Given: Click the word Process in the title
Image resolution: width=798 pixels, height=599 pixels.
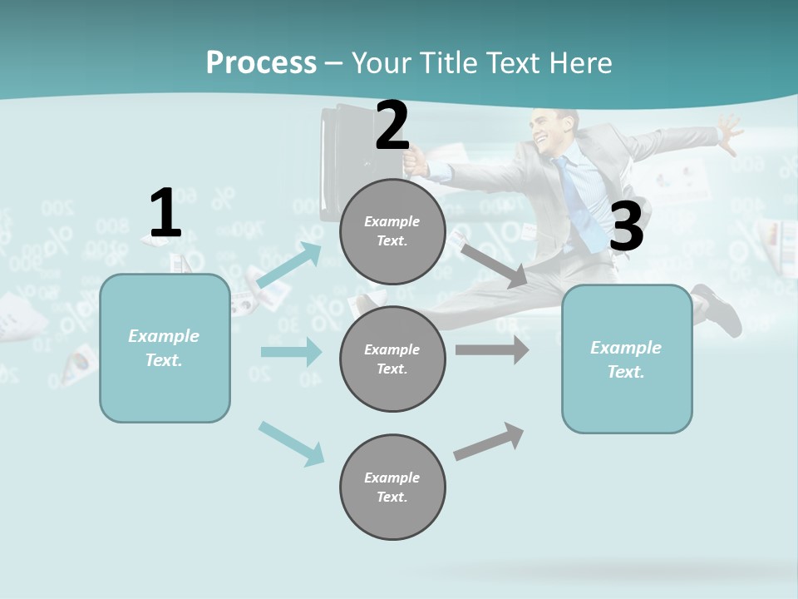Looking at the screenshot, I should (x=261, y=62).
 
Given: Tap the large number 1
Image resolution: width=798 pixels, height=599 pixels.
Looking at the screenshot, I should (x=165, y=213).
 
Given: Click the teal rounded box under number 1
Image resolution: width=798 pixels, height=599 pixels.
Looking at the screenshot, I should (x=165, y=348).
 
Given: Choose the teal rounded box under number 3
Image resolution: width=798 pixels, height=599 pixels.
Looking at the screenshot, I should (x=627, y=359).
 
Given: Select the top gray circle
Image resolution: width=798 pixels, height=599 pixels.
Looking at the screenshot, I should (x=392, y=231).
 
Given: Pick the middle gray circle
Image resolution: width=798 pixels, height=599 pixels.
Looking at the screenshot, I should (x=392, y=359).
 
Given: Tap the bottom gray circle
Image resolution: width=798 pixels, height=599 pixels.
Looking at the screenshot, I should (x=392, y=487).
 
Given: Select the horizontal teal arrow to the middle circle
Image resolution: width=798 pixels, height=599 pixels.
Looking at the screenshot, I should (x=291, y=352).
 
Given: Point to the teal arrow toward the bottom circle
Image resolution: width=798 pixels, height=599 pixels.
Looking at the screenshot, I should (x=291, y=443).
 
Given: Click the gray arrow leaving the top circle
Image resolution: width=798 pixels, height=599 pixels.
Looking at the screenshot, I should (x=493, y=265).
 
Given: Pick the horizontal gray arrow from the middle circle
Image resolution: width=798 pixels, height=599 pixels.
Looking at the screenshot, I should (x=491, y=349).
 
